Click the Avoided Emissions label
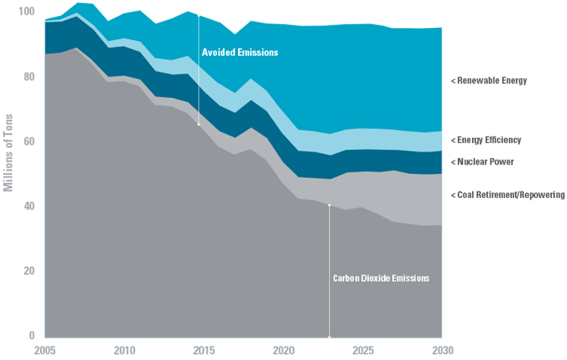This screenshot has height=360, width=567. click(240, 53)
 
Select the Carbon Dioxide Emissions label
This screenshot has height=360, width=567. click(381, 279)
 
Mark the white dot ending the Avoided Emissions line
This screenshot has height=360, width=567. click(198, 125)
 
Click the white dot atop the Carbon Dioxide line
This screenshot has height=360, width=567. click(330, 205)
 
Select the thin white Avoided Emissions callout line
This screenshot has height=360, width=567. click(198, 88)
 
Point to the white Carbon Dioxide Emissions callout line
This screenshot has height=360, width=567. click(330, 239)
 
